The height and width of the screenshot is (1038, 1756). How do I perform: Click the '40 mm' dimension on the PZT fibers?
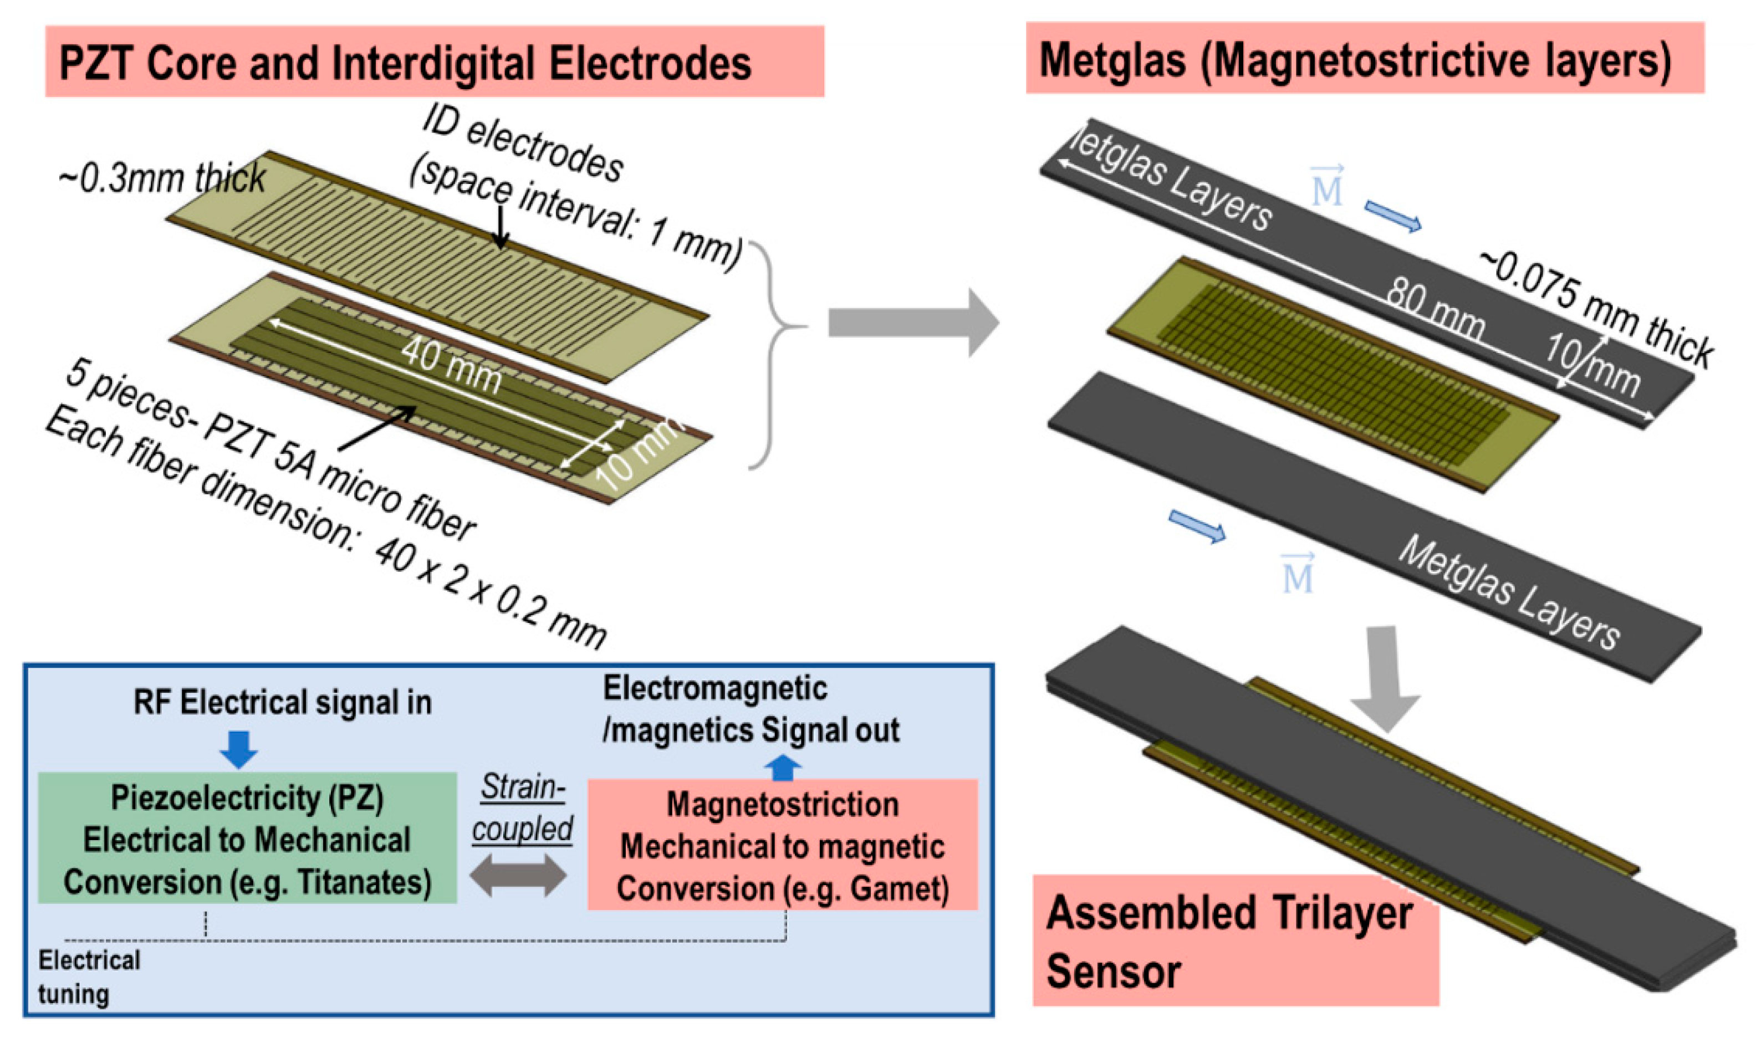(x=451, y=368)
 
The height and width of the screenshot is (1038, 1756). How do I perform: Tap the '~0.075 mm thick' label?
(x=1595, y=308)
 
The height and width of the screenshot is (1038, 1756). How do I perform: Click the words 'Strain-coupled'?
(x=522, y=808)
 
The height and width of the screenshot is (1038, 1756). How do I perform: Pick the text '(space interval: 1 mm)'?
(x=574, y=210)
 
